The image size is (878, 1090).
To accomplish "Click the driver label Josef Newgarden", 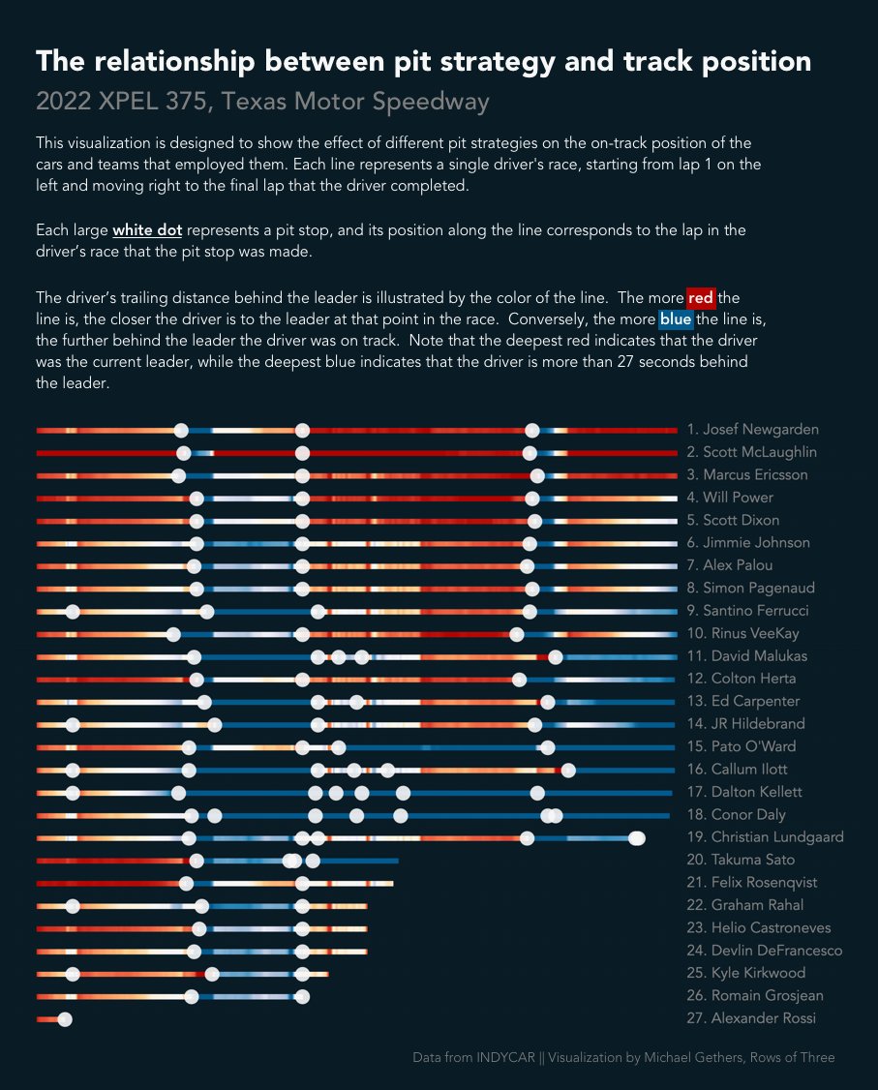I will coord(753,430).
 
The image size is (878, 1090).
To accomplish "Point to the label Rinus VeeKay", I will coord(746,634).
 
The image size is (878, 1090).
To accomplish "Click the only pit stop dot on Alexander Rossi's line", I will coord(65,1019).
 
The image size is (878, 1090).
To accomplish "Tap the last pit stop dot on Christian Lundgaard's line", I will coord(637,837).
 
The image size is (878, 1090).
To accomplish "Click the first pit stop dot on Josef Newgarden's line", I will coord(181,430).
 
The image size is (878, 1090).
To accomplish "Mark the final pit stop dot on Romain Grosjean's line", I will coord(302,996).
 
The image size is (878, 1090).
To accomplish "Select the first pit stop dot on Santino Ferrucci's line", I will coord(73,611).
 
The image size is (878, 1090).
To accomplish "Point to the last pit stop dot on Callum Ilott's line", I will coord(568,770).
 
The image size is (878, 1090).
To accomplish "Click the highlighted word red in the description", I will coord(700,298).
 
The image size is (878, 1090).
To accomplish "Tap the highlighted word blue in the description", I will coord(676,319).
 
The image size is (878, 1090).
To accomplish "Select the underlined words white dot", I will coord(147,231).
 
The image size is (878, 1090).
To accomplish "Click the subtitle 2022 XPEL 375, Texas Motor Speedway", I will coord(262,102).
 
